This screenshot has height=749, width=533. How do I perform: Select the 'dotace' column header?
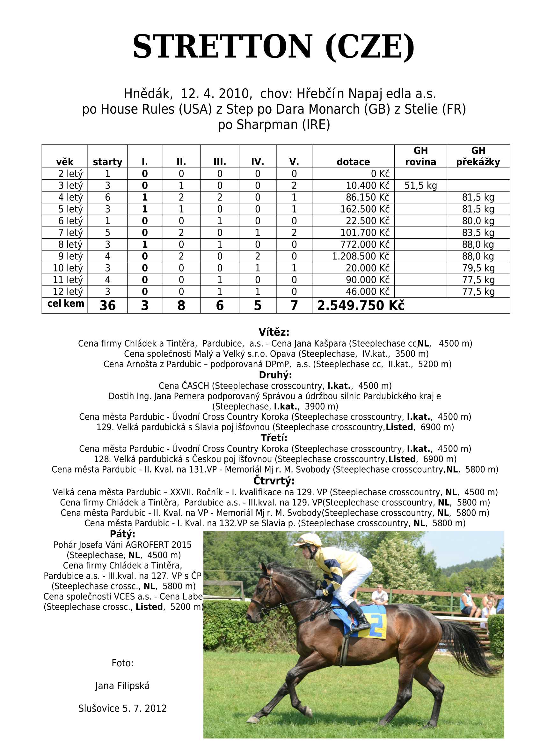(x=353, y=161)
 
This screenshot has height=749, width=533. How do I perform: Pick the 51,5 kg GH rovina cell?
(x=420, y=186)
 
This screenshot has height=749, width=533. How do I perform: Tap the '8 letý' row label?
(x=70, y=244)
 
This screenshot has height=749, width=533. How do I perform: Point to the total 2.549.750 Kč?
(x=361, y=305)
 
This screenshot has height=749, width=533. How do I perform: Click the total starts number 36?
(x=107, y=305)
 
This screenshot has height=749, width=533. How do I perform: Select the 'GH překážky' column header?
(x=478, y=156)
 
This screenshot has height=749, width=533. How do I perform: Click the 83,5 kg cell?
(x=478, y=233)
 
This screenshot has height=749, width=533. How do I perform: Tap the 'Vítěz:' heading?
(x=274, y=332)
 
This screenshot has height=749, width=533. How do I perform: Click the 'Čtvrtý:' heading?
(x=274, y=481)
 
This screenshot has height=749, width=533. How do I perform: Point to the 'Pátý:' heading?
(x=122, y=534)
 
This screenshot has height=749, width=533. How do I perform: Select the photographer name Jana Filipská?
(x=122, y=685)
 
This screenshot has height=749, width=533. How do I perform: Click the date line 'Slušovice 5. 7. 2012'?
(x=122, y=708)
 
